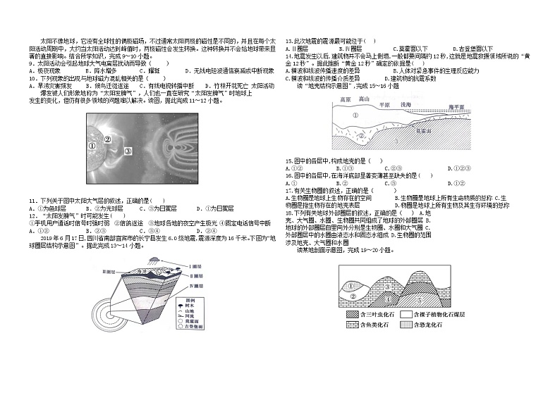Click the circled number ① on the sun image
[92, 146]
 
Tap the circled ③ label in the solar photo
[128, 151]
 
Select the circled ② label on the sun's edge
[108, 139]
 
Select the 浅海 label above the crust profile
[406, 104]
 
